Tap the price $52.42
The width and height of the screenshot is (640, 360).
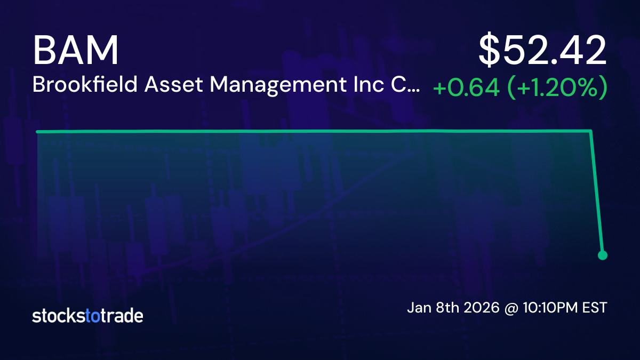543,51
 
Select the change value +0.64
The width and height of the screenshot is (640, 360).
466,88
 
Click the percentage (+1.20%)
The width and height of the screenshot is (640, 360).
556,88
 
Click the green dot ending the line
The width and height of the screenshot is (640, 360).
603,255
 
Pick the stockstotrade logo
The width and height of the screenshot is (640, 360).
87,316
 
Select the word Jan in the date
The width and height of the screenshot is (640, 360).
419,308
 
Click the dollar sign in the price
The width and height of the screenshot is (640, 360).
490,51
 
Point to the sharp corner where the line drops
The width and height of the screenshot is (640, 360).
591,131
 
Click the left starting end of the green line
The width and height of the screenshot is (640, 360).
37,131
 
